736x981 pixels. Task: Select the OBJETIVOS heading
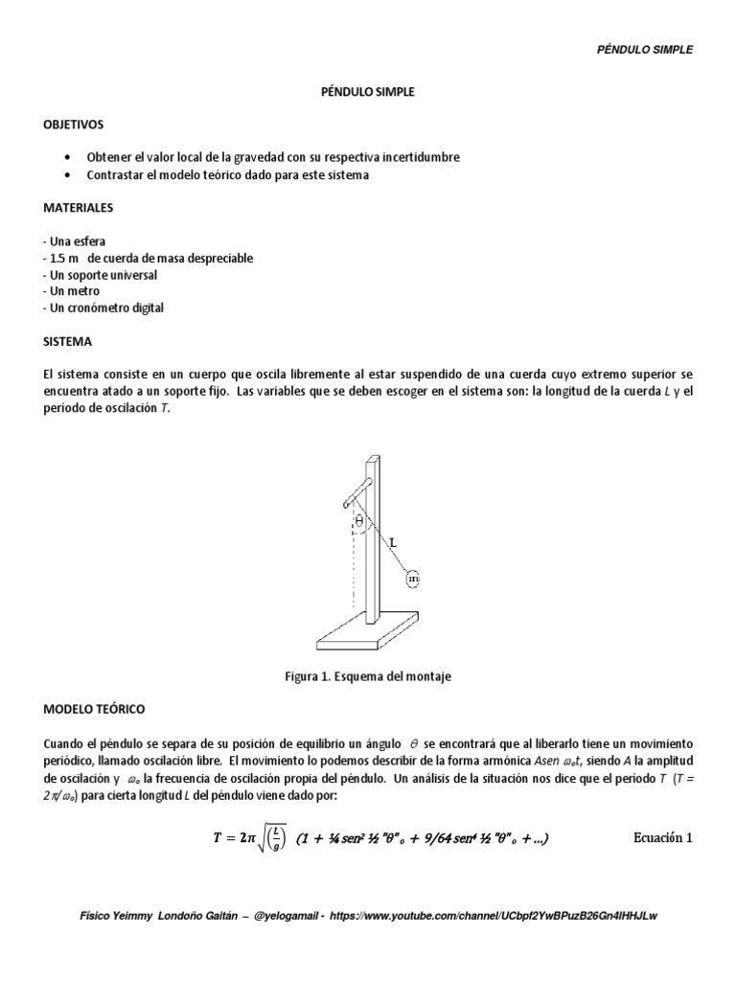[x=74, y=125]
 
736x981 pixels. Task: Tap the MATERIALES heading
[x=78, y=207]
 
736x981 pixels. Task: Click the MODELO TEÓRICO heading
[x=94, y=709]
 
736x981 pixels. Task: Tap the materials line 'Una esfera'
[x=76, y=240]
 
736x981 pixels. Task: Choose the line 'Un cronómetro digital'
[x=104, y=308]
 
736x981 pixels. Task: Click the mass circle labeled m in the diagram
[x=413, y=579]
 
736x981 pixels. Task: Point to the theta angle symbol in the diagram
[x=360, y=521]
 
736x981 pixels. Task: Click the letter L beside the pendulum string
[x=392, y=542]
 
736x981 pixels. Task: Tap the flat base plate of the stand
[x=369, y=631]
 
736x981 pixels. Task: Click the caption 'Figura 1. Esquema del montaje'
[x=368, y=676]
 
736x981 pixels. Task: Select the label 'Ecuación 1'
[x=662, y=837]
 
